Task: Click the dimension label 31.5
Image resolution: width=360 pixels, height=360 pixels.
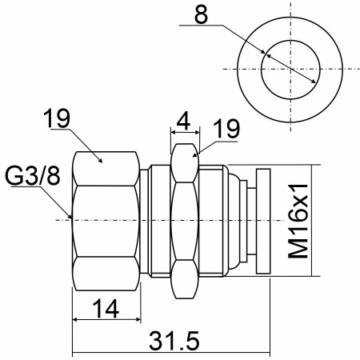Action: click(x=174, y=341)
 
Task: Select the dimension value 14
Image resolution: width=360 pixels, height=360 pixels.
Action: click(x=106, y=309)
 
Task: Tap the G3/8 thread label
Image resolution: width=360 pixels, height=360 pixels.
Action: click(x=33, y=176)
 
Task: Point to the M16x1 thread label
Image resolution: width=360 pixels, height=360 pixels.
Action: click(x=298, y=221)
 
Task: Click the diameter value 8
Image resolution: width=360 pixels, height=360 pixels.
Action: click(x=201, y=15)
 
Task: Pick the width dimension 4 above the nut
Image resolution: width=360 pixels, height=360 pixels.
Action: click(x=184, y=121)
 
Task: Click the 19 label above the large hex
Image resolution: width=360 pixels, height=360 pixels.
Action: click(x=57, y=118)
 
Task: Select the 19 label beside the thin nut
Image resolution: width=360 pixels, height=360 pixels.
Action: click(x=226, y=129)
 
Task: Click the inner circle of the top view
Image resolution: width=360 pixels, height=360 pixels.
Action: click(x=290, y=41)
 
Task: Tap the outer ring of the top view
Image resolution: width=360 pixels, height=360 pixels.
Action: click(x=290, y=17)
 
